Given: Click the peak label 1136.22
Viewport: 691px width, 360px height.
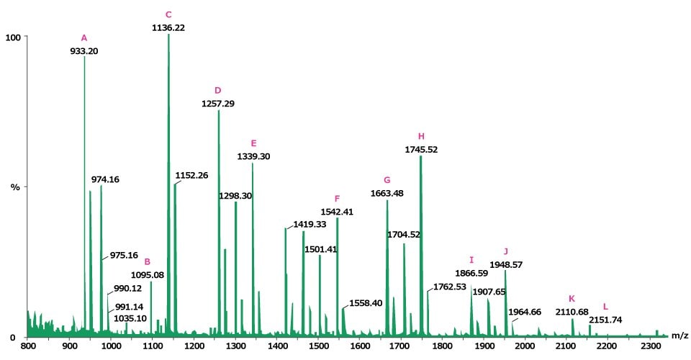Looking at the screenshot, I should [x=168, y=27].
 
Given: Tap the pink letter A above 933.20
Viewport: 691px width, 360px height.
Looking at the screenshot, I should [x=84, y=37].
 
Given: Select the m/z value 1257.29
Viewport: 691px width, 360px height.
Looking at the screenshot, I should [x=218, y=104].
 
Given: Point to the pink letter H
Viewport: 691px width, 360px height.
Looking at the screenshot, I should [x=422, y=136].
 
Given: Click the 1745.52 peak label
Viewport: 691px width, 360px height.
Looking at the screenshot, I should [x=422, y=150].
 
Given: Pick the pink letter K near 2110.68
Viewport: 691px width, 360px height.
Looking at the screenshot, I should [x=572, y=298].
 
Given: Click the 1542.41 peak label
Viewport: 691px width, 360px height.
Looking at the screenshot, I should [x=337, y=212].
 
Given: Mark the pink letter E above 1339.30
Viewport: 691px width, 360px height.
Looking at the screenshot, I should [x=253, y=143].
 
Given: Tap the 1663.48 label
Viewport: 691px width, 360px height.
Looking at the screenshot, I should [x=387, y=193].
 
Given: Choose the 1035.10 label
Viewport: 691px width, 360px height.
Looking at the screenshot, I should [x=130, y=318].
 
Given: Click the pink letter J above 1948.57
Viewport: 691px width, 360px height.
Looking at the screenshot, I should [x=506, y=251].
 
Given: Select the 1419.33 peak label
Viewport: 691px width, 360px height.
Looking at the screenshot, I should [x=310, y=225].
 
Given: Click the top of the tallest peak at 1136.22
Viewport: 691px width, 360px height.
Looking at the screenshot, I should [x=168, y=35].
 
